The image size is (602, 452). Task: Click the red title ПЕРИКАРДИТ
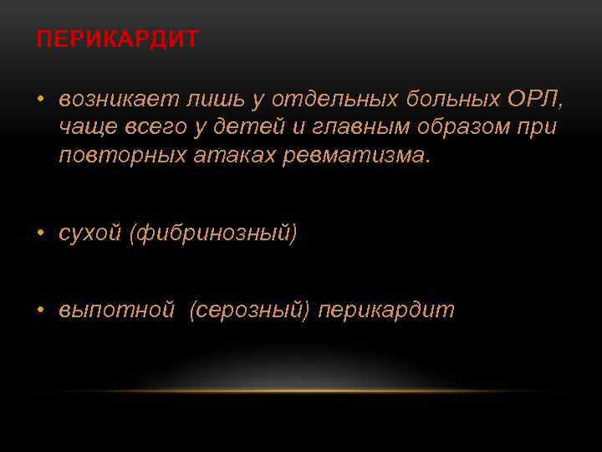coord(117,40)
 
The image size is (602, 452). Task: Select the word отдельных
coord(347,100)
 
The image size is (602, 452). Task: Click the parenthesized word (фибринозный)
coord(212,234)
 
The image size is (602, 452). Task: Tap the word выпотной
coord(116,311)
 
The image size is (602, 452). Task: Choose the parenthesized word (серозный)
coord(249,311)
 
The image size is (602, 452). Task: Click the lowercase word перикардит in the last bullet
coord(386,311)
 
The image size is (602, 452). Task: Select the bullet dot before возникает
coord(40,101)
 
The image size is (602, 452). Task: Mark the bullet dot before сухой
coord(40,234)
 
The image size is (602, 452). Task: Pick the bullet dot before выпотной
coord(40,311)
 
